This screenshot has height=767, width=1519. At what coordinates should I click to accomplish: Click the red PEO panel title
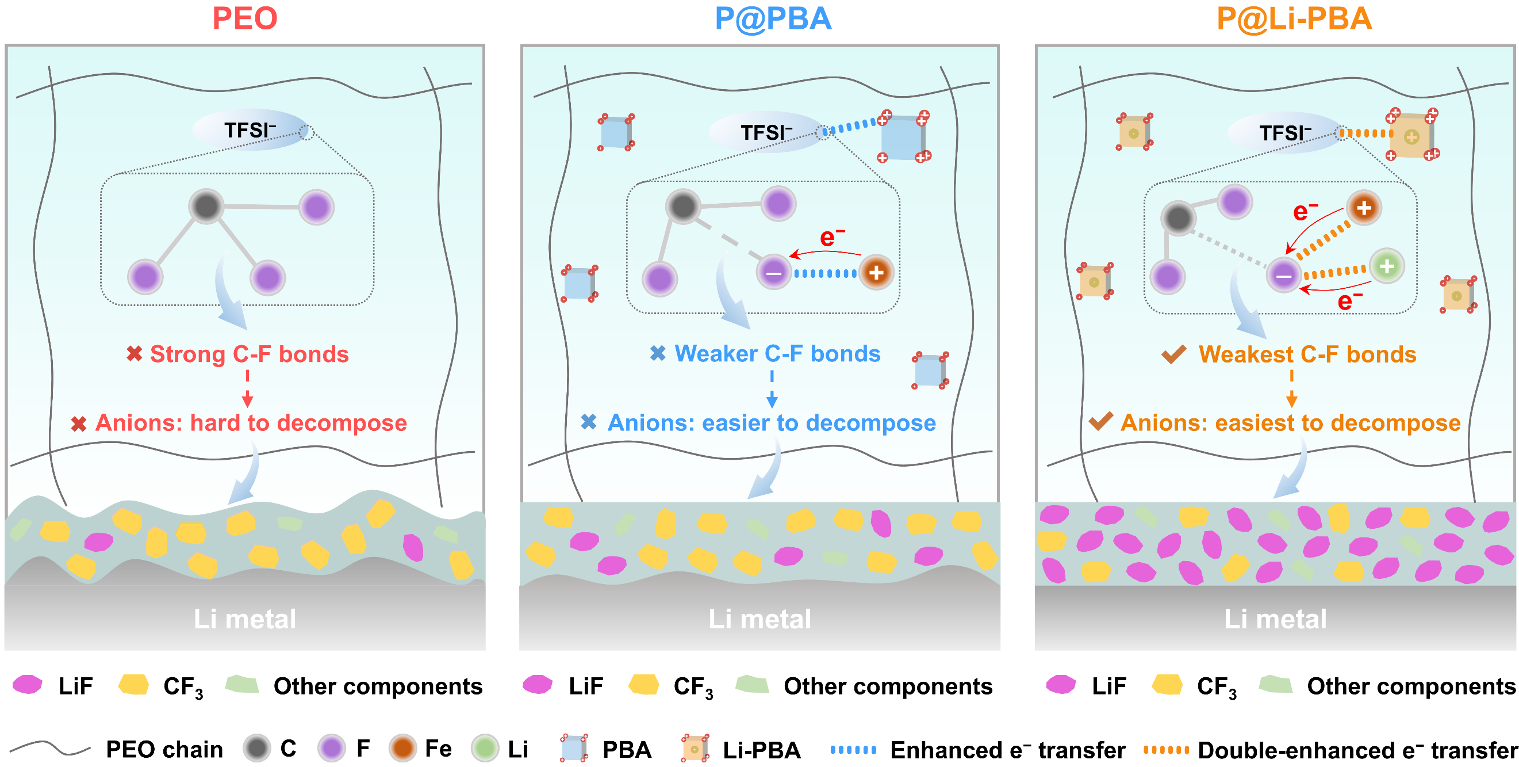click(x=245, y=19)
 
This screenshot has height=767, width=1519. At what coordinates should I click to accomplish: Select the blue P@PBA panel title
click(x=773, y=19)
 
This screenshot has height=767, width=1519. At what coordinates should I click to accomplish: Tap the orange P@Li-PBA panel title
click(x=1294, y=19)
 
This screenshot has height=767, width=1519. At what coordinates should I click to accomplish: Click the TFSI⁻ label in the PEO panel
click(x=250, y=131)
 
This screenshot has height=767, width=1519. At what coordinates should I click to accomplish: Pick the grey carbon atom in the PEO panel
click(x=206, y=206)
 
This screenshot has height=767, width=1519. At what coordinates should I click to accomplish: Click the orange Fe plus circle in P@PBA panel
click(x=876, y=273)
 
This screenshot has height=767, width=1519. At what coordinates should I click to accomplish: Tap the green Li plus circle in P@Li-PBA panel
click(x=1386, y=266)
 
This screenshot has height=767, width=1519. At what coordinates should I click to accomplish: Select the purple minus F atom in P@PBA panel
click(x=774, y=273)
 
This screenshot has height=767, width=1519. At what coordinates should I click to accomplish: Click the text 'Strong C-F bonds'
click(x=249, y=354)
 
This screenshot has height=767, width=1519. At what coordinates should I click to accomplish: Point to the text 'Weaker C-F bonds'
click(x=777, y=353)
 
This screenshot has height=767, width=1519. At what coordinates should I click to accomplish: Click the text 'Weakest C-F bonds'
click(x=1307, y=354)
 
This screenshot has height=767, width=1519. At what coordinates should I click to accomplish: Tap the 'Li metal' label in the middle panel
click(x=759, y=619)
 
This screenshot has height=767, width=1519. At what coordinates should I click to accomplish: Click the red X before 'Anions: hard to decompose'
click(x=78, y=423)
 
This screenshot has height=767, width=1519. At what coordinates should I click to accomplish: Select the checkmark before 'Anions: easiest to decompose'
click(x=1100, y=421)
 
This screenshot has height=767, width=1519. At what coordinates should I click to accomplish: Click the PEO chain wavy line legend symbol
click(x=50, y=749)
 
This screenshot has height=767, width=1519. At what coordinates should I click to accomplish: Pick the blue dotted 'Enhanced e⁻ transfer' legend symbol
click(x=853, y=750)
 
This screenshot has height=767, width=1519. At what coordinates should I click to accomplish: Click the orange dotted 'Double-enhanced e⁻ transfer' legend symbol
click(x=1166, y=750)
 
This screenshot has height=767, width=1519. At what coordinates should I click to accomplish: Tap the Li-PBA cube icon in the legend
click(x=695, y=749)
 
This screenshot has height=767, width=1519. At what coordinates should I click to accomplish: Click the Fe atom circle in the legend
click(x=402, y=749)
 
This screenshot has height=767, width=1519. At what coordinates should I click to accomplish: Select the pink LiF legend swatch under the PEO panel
click(x=28, y=685)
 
